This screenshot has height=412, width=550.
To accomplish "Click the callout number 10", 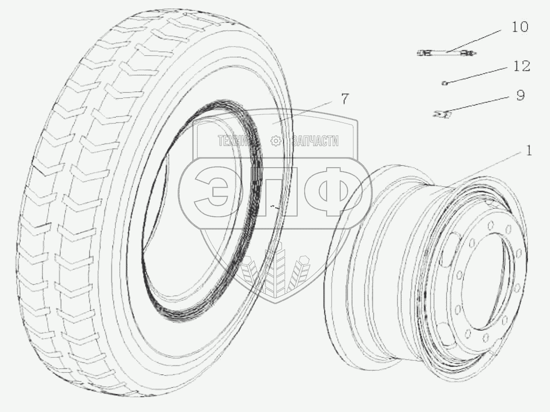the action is (x=520, y=27).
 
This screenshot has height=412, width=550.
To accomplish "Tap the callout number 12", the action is (x=521, y=66).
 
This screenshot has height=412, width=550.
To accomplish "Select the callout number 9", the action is (x=520, y=95).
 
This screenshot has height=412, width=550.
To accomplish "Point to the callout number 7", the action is (x=345, y=99).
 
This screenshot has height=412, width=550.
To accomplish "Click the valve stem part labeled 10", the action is (x=446, y=53).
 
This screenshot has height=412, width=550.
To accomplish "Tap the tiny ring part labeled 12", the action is (x=445, y=83).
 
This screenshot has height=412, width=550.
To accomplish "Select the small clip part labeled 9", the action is (x=442, y=113).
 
